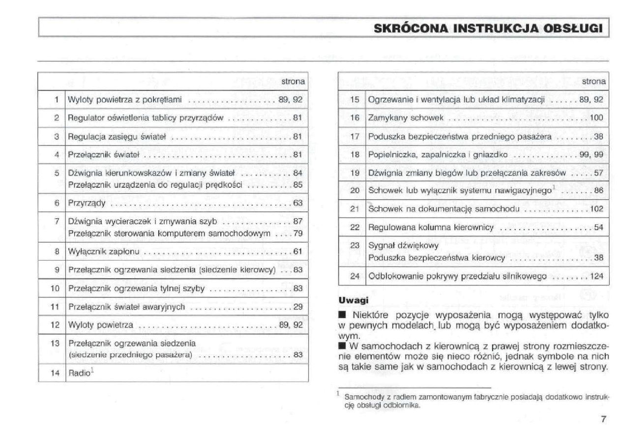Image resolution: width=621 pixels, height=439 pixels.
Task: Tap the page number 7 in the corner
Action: [603, 419]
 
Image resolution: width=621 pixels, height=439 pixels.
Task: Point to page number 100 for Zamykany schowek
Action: [596, 118]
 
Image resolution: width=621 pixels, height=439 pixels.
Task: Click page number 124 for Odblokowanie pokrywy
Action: [596, 276]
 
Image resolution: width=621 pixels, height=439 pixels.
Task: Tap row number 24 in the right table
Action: [355, 276]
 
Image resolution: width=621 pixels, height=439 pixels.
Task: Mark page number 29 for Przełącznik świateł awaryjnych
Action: [297, 307]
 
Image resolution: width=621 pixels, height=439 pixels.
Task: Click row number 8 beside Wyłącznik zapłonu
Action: [57, 252]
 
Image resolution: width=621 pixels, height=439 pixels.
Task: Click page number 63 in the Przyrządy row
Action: [297, 203]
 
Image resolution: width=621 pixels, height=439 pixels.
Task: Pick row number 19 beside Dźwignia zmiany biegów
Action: [355, 173]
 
